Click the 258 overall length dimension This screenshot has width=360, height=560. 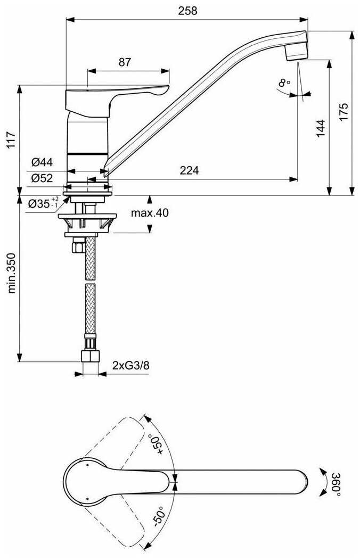point(187,11)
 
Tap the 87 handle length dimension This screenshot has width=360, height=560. point(125,62)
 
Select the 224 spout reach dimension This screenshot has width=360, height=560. point(189,170)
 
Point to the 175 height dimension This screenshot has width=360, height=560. point(343,112)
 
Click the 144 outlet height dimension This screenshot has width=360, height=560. point(321,128)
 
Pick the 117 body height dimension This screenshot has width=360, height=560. point(11,140)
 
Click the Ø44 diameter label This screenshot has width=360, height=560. point(42,162)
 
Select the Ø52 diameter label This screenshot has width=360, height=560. point(42,178)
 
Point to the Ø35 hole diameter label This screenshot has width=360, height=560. point(43,203)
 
